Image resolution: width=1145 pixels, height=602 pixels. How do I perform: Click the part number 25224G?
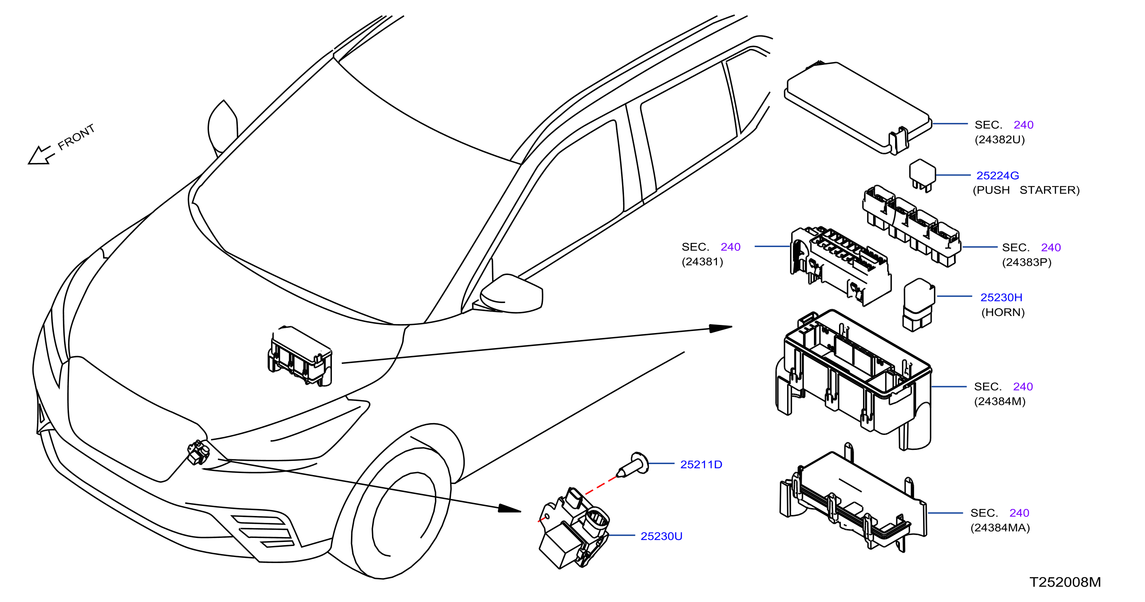click(997, 176)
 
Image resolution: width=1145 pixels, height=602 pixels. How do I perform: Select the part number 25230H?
click(1001, 297)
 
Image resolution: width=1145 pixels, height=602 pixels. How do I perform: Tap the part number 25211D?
click(701, 464)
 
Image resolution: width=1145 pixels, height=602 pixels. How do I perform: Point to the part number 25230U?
click(661, 536)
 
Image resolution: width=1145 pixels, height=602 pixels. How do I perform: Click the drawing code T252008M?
click(1065, 582)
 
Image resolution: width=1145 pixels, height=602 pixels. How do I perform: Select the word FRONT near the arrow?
click(76, 136)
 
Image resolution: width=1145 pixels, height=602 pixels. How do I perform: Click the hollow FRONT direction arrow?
click(41, 155)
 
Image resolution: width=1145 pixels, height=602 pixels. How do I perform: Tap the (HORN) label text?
click(1003, 312)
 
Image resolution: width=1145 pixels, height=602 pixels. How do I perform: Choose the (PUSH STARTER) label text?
click(1026, 190)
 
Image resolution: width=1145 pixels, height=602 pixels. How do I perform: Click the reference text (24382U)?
click(1000, 140)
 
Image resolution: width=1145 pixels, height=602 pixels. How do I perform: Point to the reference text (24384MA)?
click(1000, 528)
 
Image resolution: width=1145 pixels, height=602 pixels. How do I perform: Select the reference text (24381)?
click(702, 262)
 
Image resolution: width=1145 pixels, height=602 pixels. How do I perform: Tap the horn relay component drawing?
click(919, 305)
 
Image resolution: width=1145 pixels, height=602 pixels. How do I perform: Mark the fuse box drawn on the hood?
click(299, 356)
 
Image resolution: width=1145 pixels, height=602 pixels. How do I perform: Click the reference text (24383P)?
click(1027, 262)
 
